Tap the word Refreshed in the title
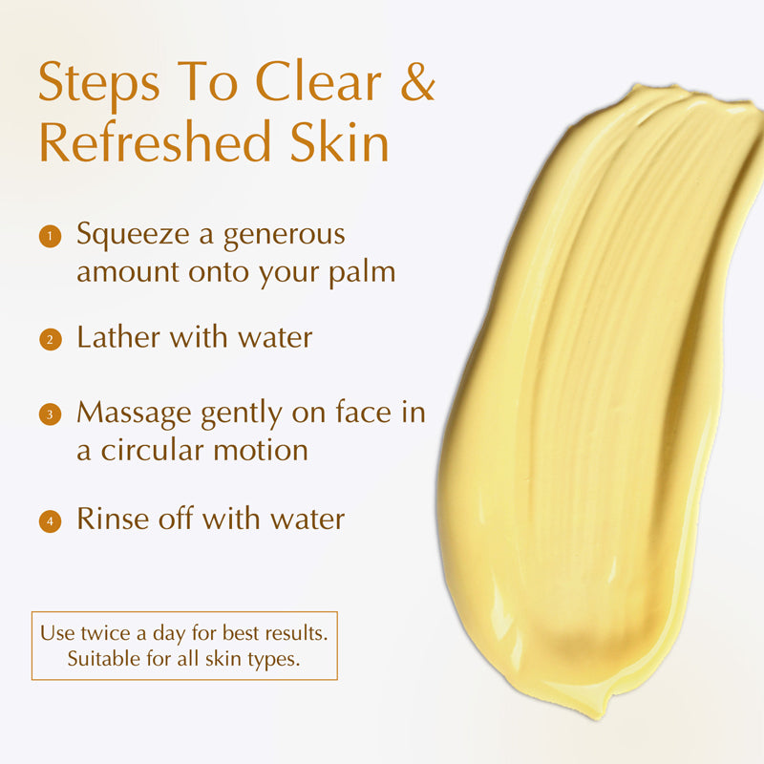(155, 141)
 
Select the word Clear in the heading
(318, 81)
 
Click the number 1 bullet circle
(50, 237)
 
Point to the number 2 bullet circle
(51, 340)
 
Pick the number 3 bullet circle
(50, 414)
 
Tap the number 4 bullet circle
(50, 521)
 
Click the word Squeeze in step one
(133, 235)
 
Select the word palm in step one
(362, 273)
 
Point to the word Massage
(134, 414)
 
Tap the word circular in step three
(152, 450)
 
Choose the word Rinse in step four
(113, 519)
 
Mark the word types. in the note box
(273, 660)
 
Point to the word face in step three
(363, 413)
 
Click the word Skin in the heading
(340, 141)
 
